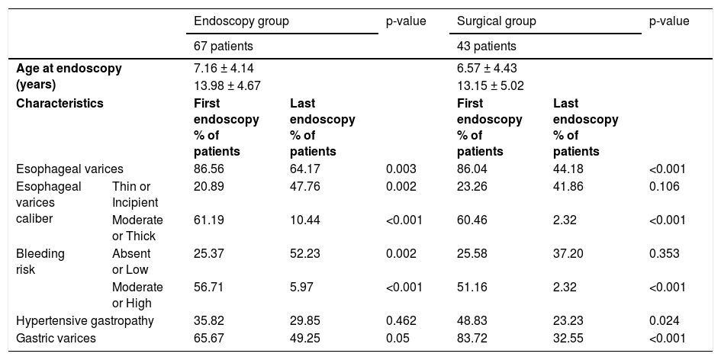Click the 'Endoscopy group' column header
point(241,21)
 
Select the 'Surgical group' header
point(496,21)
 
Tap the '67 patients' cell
point(224,47)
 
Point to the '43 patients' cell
point(487,47)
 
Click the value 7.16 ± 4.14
point(224,69)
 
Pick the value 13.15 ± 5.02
point(490,86)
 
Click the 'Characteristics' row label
point(60,104)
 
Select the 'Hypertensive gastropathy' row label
point(85,320)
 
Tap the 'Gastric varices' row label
point(56,339)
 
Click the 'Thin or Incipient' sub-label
point(135,194)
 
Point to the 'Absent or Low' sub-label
point(131,262)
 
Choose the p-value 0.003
point(401,169)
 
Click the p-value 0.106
point(664,187)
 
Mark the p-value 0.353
point(664,254)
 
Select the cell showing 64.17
point(305,169)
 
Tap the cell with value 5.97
point(301,288)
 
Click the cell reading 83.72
point(472,339)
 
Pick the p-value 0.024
point(664,320)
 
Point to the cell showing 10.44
point(305,220)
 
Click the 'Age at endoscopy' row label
point(69,77)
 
